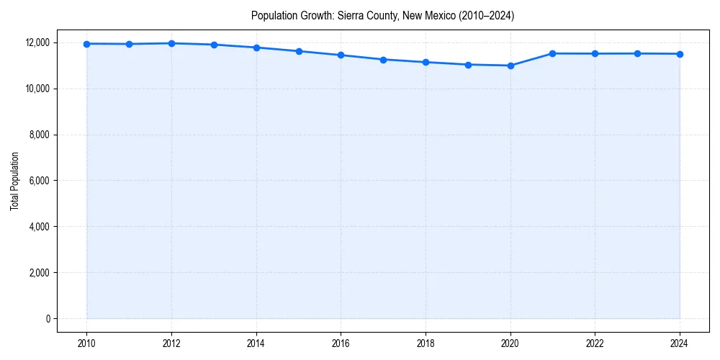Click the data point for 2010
[x=86, y=44]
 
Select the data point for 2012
[x=171, y=43]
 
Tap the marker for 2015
[x=299, y=51]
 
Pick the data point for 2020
[x=510, y=66]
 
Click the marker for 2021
[x=553, y=53]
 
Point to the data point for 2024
[x=680, y=54]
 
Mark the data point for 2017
[x=383, y=60]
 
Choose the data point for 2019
[x=468, y=65]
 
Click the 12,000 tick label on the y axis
[x=37, y=42]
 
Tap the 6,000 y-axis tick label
[x=39, y=181]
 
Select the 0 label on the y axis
[x=48, y=319]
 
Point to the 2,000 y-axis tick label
[x=39, y=273]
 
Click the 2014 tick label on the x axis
[x=256, y=343]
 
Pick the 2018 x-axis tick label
[x=426, y=343]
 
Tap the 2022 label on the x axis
[x=595, y=343]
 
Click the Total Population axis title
[x=14, y=181]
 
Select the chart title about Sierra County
[x=382, y=15]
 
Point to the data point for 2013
[x=214, y=45]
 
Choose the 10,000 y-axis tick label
[x=37, y=89]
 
